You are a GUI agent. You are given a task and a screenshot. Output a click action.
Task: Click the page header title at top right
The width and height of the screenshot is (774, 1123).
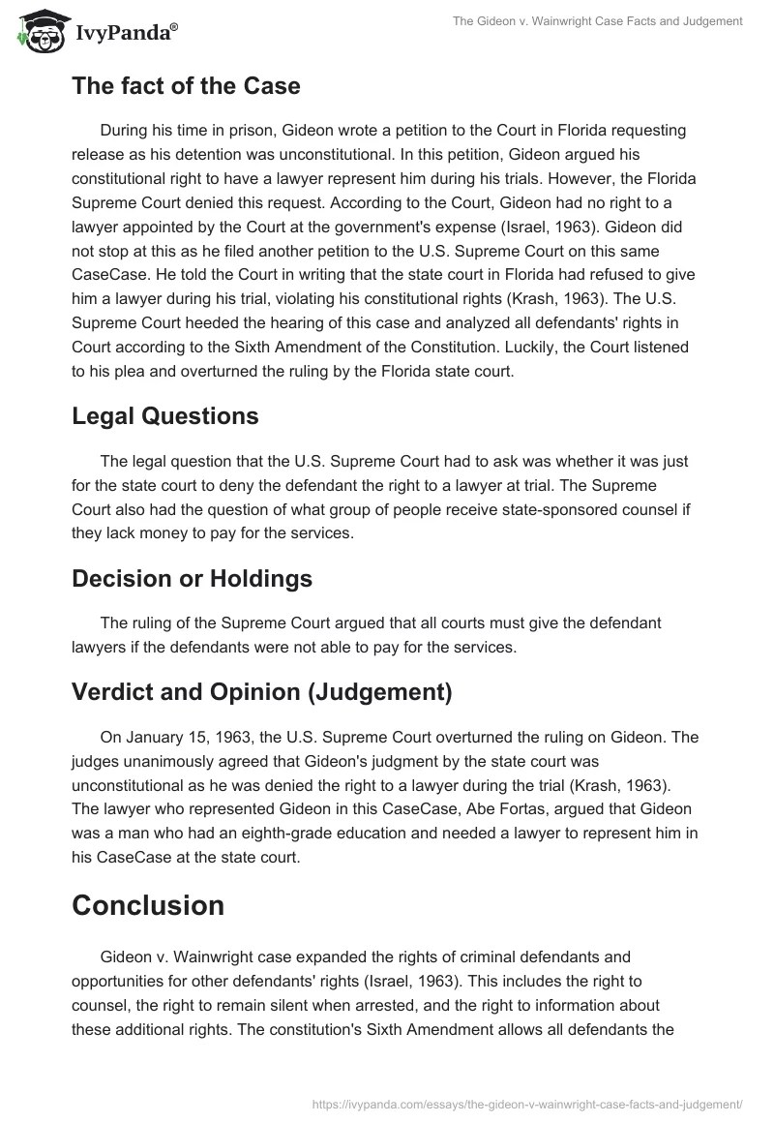point(597,22)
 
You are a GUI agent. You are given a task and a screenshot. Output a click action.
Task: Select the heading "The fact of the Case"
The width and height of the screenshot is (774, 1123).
point(186,85)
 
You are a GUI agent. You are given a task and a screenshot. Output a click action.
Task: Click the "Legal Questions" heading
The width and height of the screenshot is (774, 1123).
point(164,415)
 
